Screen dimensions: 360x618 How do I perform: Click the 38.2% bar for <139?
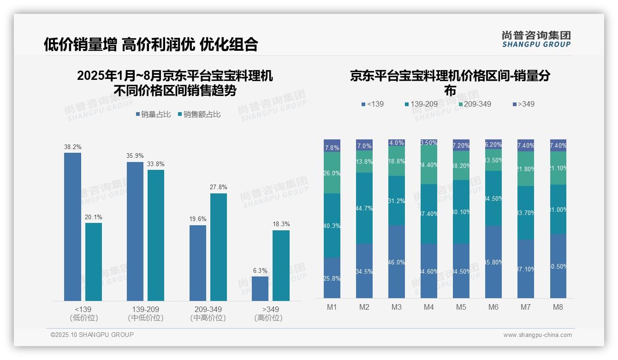pyautogui.click(x=72, y=227)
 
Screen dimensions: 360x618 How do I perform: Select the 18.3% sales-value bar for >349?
pyautogui.click(x=281, y=265)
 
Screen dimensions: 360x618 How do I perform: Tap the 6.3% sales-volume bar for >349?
pyautogui.click(x=260, y=288)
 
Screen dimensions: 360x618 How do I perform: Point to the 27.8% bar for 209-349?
pyautogui.click(x=219, y=247)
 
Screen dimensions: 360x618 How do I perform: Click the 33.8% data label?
pyautogui.click(x=156, y=164)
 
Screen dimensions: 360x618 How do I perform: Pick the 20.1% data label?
pyautogui.click(x=93, y=217)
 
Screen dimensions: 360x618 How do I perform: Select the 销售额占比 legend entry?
pyautogui.click(x=199, y=114)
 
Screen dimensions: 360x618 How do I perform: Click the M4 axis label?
pyautogui.click(x=429, y=307)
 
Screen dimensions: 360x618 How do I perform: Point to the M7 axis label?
pyautogui.click(x=526, y=307)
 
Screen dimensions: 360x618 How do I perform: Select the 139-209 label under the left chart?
pyautogui.click(x=145, y=309)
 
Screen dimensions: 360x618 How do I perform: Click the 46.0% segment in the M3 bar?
pyautogui.click(x=397, y=262)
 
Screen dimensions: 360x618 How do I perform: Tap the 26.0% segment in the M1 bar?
pyautogui.click(x=332, y=173)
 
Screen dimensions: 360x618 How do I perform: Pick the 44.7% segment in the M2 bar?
pyautogui.click(x=364, y=208)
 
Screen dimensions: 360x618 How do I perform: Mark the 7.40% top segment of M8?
pyautogui.click(x=558, y=145)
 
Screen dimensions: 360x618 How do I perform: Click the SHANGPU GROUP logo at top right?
pyautogui.click(x=536, y=39)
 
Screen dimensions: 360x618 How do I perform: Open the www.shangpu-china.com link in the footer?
pyautogui.click(x=537, y=335)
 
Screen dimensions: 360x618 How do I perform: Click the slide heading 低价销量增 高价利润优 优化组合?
pyautogui.click(x=151, y=44)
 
